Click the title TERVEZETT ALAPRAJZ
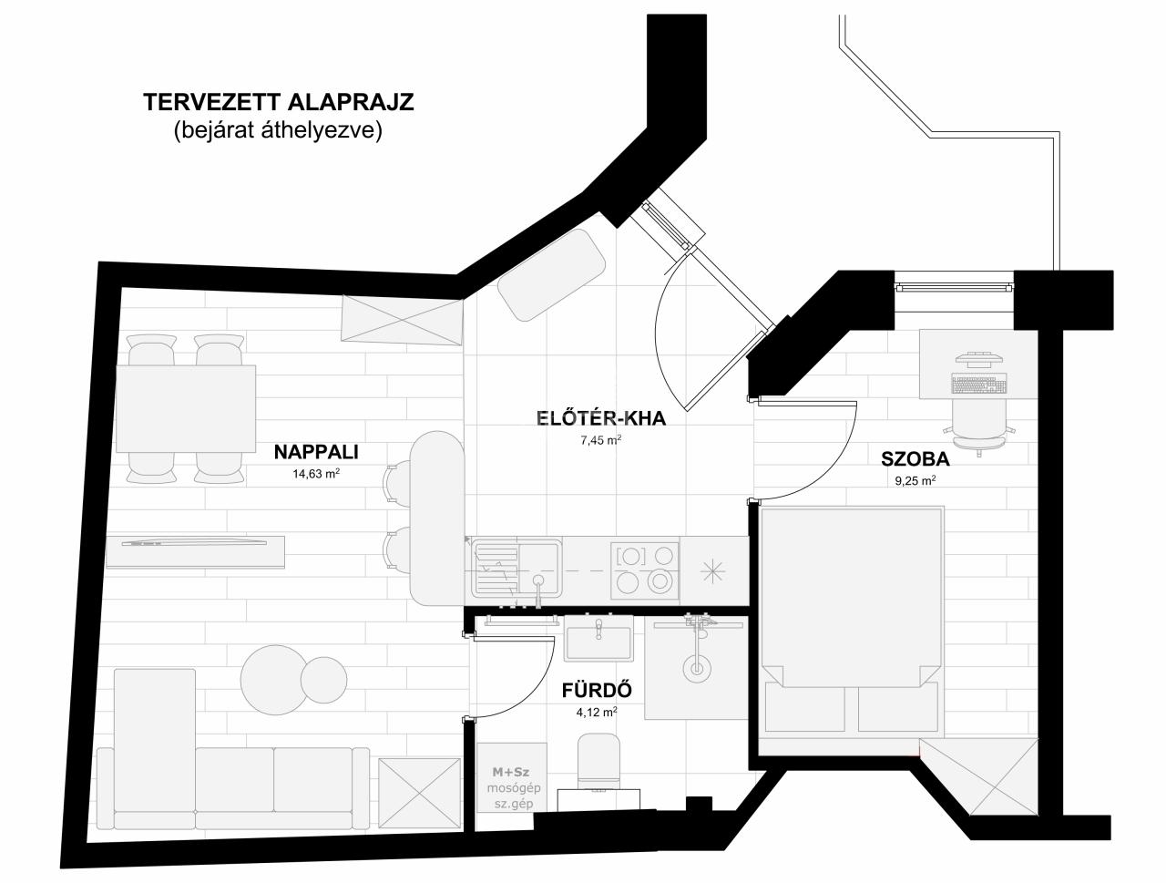(x=279, y=102)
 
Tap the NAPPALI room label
(x=316, y=452)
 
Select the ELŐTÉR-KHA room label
(x=601, y=418)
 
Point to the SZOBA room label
(x=915, y=459)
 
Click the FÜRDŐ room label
(x=597, y=691)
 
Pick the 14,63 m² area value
(x=316, y=473)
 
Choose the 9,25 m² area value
(x=915, y=481)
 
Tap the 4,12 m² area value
(x=597, y=712)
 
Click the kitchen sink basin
(x=539, y=569)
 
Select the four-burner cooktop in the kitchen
(x=644, y=570)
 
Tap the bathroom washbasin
(x=598, y=638)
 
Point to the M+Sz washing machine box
(x=512, y=776)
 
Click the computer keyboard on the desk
(x=979, y=383)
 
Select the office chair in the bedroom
(x=979, y=427)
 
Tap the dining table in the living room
(x=186, y=408)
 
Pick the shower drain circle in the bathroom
(x=697, y=668)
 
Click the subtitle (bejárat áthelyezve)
(x=278, y=130)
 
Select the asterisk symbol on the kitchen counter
(x=713, y=571)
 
